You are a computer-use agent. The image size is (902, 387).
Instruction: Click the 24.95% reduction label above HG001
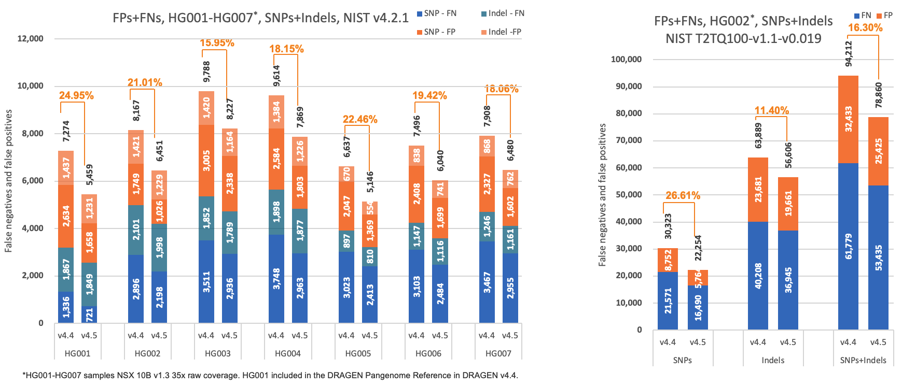point(76,95)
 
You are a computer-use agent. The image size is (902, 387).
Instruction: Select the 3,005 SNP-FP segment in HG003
point(206,161)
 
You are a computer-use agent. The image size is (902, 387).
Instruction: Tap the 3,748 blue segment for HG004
point(276,279)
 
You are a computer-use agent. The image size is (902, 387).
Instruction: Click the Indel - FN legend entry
point(503,13)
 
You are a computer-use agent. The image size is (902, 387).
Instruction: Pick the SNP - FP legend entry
point(436,32)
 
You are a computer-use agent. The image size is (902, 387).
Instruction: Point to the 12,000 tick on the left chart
point(31,38)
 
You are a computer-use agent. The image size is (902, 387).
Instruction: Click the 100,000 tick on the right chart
point(626,59)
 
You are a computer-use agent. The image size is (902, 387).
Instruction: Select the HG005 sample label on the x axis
point(358,353)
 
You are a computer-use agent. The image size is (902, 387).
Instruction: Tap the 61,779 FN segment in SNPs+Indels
point(848,246)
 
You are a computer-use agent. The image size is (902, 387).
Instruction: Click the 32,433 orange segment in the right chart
point(848,119)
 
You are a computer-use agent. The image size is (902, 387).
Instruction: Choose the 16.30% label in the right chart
point(865,27)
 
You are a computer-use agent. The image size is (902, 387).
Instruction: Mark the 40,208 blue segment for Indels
point(758,276)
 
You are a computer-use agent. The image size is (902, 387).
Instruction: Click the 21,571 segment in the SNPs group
point(668,300)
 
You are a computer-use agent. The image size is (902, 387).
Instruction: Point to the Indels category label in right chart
point(772,360)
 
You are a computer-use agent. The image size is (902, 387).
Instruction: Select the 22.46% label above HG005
point(360,119)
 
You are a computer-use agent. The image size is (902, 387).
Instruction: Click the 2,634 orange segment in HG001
point(66,216)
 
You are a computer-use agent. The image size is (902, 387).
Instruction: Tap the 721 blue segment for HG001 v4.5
point(89,314)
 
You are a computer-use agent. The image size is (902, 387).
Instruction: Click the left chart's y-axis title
point(8,181)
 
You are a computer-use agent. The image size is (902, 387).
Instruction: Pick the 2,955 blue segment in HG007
point(510,288)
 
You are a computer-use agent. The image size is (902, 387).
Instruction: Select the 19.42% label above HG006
point(429,95)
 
